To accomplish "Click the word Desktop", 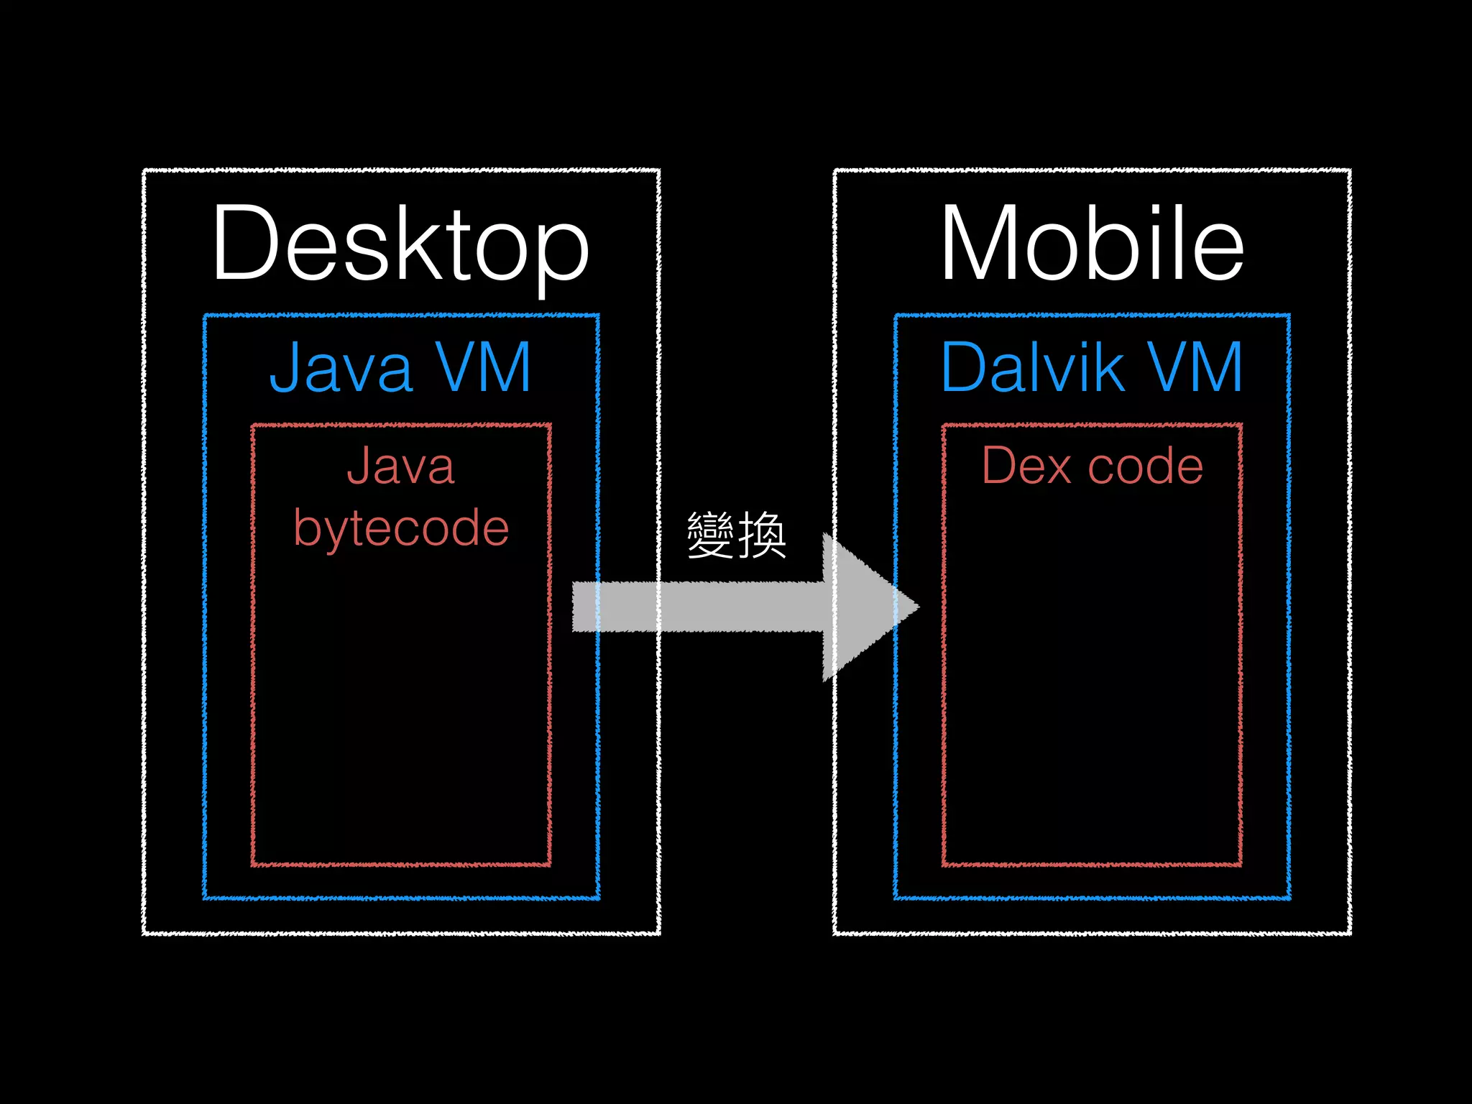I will click(400, 244).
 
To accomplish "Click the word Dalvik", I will click(1033, 367).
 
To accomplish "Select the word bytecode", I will click(401, 529).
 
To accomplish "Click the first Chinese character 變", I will click(710, 535).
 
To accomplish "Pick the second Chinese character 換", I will click(763, 535).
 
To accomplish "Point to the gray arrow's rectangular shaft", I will click(697, 607).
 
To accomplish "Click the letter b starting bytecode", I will click(307, 529).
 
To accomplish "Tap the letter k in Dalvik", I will click(1111, 367).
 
